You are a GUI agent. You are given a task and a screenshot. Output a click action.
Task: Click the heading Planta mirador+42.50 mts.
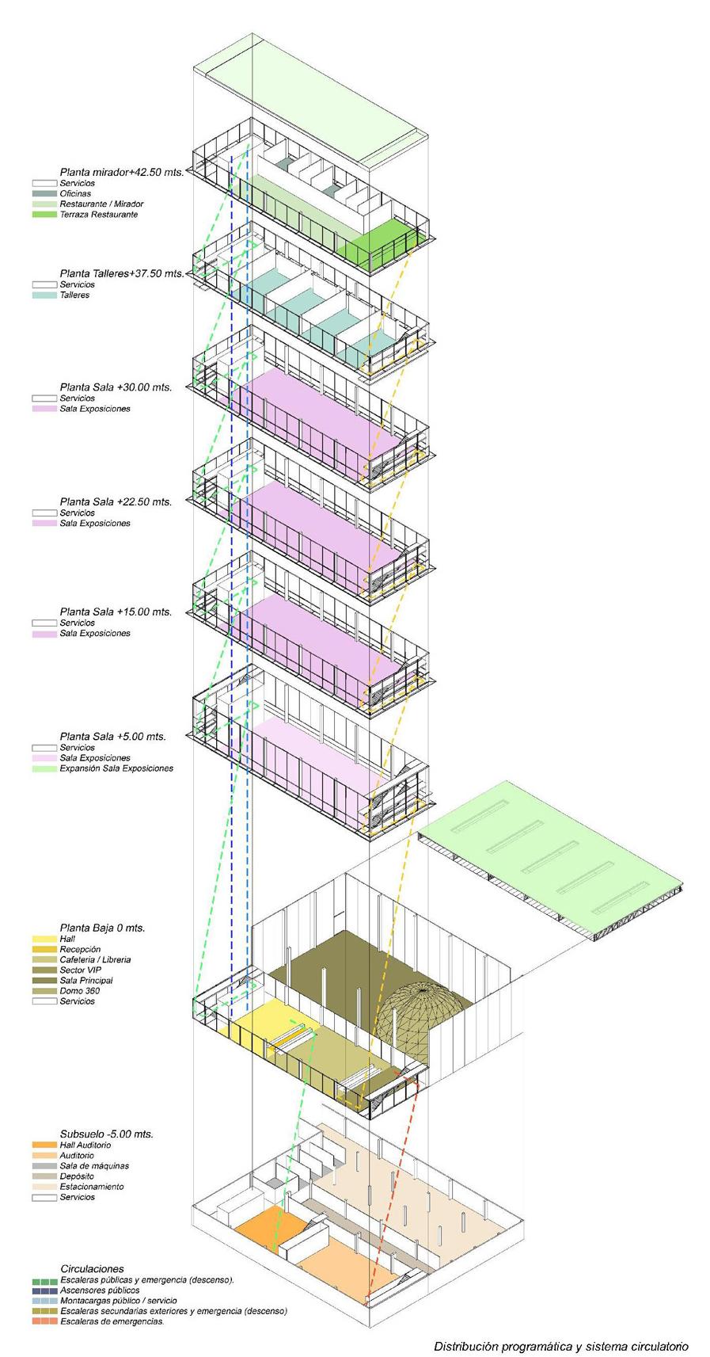pyautogui.click(x=121, y=172)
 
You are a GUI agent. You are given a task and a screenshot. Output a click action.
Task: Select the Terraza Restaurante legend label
pyautogui.click(x=98, y=215)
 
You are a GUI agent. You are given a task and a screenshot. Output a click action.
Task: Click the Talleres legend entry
pyautogui.click(x=74, y=295)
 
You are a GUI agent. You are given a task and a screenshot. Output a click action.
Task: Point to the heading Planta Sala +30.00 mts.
pyautogui.click(x=116, y=387)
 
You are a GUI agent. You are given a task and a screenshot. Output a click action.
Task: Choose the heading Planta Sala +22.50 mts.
pyautogui.click(x=116, y=501)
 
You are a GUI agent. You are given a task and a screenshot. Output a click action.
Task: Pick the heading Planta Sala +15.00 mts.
pyautogui.click(x=116, y=612)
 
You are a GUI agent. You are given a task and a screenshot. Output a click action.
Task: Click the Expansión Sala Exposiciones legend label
pyautogui.click(x=116, y=768)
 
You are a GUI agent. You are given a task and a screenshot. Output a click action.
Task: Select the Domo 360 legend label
pyautogui.click(x=79, y=991)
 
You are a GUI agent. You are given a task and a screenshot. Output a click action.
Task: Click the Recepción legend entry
pyautogui.click(x=80, y=949)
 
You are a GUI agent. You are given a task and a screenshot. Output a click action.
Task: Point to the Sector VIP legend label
pyautogui.click(x=81, y=970)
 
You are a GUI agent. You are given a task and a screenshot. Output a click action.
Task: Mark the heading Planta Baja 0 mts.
pyautogui.click(x=102, y=928)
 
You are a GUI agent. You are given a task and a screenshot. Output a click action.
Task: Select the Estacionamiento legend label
pyautogui.click(x=91, y=1187)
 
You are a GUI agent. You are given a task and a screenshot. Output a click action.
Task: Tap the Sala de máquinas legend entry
pyautogui.click(x=93, y=1166)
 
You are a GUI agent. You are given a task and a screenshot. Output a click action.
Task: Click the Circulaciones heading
pyautogui.click(x=92, y=1268)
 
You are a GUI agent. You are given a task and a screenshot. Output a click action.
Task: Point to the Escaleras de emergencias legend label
pyautogui.click(x=112, y=1321)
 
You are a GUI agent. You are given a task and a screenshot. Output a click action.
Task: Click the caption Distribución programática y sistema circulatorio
pyautogui.click(x=560, y=1346)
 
